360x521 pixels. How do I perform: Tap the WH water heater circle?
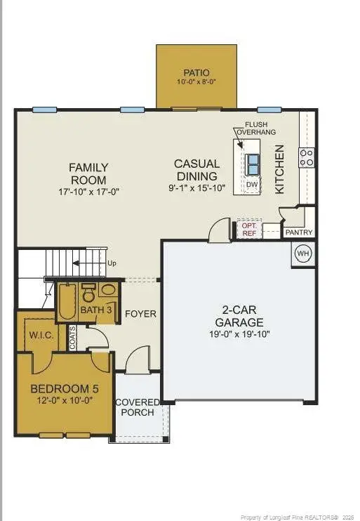302,253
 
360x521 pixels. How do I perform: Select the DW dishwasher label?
251,184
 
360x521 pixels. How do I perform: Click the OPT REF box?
248,230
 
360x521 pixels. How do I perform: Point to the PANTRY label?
298,232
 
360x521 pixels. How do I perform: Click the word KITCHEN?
279,169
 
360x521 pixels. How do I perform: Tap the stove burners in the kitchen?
307,157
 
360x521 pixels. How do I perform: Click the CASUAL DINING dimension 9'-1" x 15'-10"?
196,190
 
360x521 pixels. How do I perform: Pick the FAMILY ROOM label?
88,173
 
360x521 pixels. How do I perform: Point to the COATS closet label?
72,338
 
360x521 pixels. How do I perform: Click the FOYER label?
140,313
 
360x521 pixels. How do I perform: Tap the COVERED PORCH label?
138,407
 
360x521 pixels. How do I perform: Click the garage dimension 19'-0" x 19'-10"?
239,334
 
